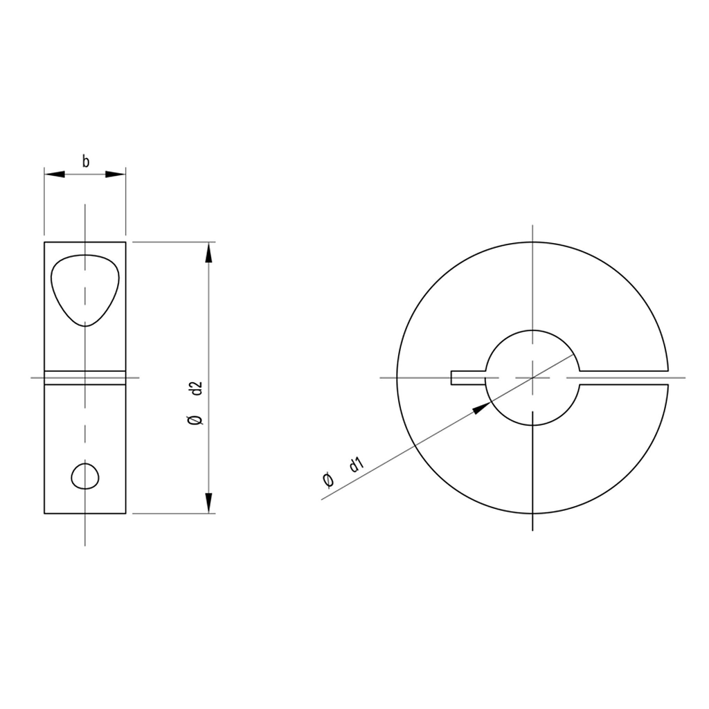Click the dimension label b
(85, 163)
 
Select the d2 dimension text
(195, 388)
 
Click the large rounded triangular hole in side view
(84, 287)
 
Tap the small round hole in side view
(85, 476)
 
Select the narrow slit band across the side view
(85, 377)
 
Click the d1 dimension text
(356, 465)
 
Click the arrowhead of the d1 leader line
(480, 408)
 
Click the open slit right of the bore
(623, 377)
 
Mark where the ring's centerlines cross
(532, 377)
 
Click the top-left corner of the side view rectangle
(44, 242)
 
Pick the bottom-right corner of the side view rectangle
(125, 514)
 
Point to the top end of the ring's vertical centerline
(532, 226)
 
